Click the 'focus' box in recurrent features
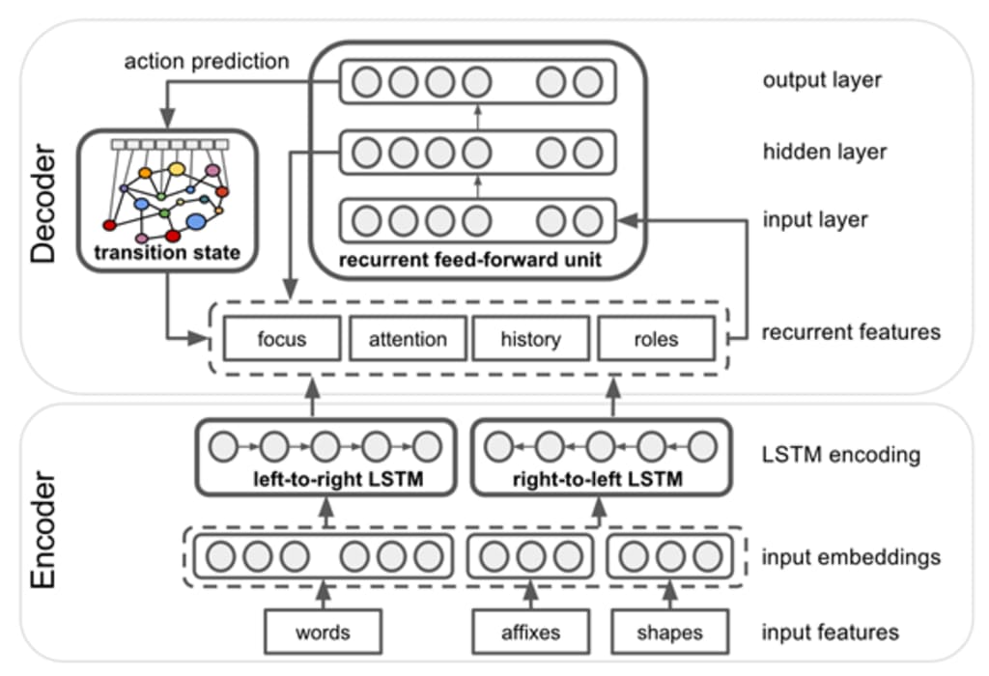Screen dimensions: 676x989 281,339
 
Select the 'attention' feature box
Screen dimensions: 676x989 407,339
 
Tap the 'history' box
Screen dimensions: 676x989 530,339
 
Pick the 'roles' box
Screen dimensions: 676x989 656,339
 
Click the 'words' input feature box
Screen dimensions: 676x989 322,633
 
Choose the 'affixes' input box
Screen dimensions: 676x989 530,633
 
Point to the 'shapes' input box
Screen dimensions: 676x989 669,633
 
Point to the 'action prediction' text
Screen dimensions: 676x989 206,62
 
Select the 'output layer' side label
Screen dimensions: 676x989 821,80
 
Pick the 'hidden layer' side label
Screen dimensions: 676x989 824,151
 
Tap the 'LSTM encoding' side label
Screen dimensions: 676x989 840,453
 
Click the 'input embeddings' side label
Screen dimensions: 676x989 851,557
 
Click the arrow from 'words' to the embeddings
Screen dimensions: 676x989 322,596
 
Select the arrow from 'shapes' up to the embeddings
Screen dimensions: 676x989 669,596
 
